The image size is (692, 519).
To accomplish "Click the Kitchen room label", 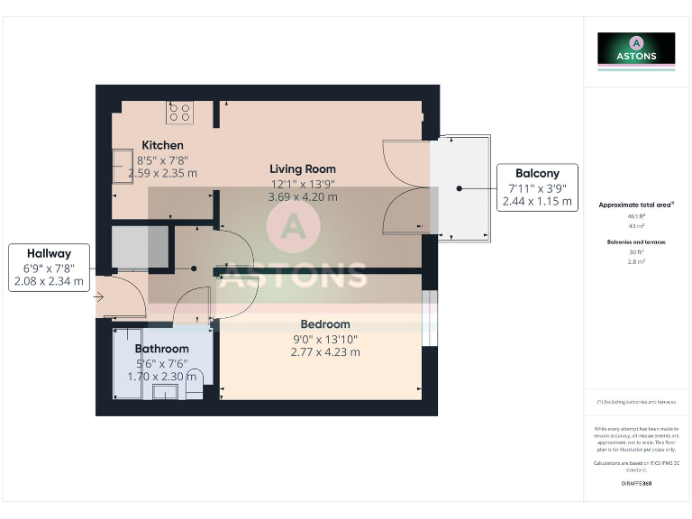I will pyautogui.click(x=162, y=145).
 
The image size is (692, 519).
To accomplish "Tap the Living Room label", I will pyautogui.click(x=303, y=168).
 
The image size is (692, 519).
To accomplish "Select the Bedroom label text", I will pyautogui.click(x=324, y=324).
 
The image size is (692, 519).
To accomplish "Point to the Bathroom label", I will pyautogui.click(x=161, y=349).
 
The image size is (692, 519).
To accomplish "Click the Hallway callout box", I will pyautogui.click(x=49, y=268).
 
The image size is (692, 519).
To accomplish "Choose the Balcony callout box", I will pyautogui.click(x=537, y=187).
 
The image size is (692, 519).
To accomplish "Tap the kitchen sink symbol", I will pyautogui.click(x=122, y=166).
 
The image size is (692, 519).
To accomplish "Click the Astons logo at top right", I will pyautogui.click(x=636, y=50).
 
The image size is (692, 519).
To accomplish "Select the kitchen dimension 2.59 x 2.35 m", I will pyautogui.click(x=162, y=173).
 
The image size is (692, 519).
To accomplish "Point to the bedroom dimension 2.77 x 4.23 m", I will pyautogui.click(x=324, y=351).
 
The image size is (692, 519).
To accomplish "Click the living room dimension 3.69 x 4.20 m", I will pyautogui.click(x=304, y=196).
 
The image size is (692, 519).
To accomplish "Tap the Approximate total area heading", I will pyautogui.click(x=636, y=205).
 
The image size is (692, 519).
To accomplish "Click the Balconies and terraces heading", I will pyautogui.click(x=636, y=242).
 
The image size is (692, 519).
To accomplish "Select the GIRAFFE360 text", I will pyautogui.click(x=636, y=484).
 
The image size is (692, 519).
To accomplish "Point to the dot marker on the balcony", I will pyautogui.click(x=459, y=188).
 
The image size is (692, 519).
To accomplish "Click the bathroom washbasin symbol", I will pyautogui.click(x=165, y=391).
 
